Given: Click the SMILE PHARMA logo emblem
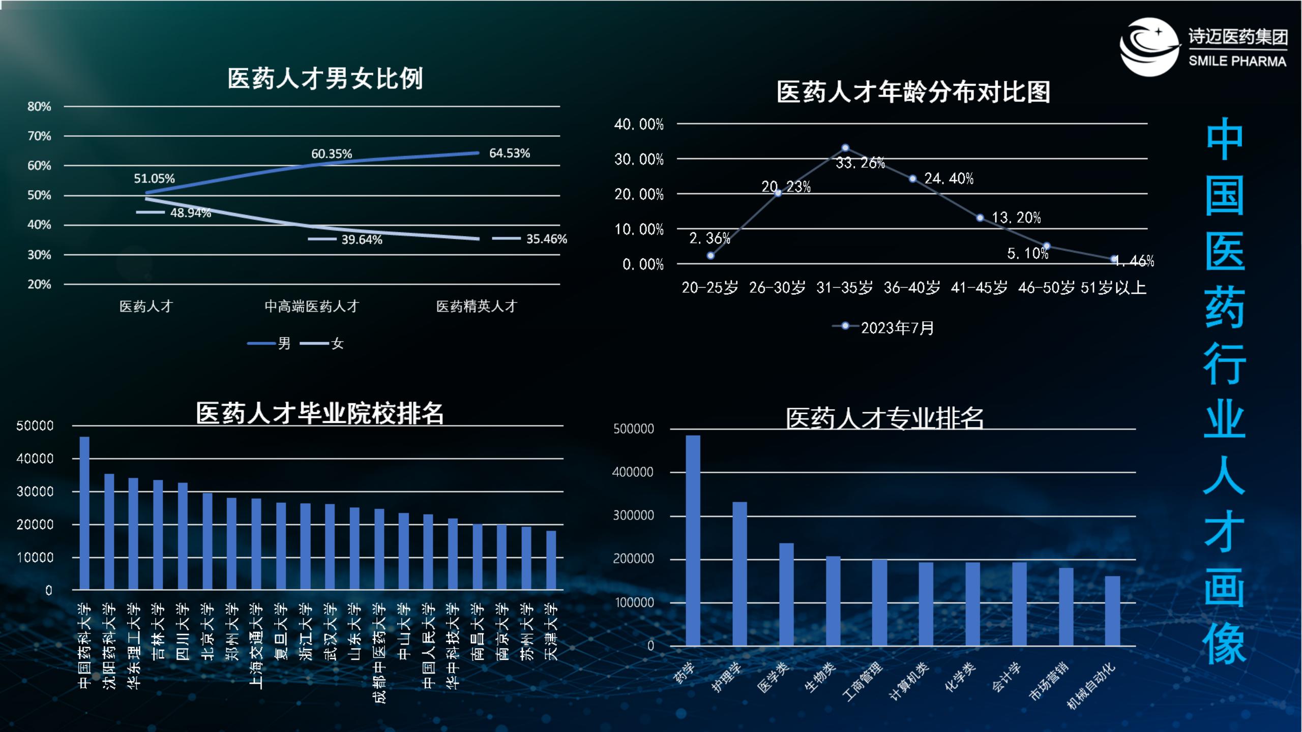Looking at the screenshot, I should (1149, 47).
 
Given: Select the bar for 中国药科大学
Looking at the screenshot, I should (84, 513).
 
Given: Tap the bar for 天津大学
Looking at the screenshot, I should (551, 560).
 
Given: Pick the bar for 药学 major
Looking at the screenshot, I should (693, 540).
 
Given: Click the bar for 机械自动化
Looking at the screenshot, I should (1112, 611).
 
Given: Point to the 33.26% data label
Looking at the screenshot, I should (860, 163).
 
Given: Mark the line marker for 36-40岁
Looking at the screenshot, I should (912, 178).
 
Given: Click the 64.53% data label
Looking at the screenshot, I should (509, 153).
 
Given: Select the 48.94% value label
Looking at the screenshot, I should (190, 212).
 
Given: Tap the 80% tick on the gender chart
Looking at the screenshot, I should (39, 107).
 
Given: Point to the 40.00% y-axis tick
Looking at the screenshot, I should (639, 125).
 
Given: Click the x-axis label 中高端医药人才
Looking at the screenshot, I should (312, 306).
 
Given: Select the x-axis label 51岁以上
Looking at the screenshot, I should (1113, 288).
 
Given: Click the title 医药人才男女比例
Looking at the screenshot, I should (325, 79).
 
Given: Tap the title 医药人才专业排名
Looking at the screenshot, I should (884, 419).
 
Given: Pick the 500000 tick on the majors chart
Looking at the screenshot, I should (634, 429).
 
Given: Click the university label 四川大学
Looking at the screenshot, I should (182, 631).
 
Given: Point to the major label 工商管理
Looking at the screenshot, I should (863, 681).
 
